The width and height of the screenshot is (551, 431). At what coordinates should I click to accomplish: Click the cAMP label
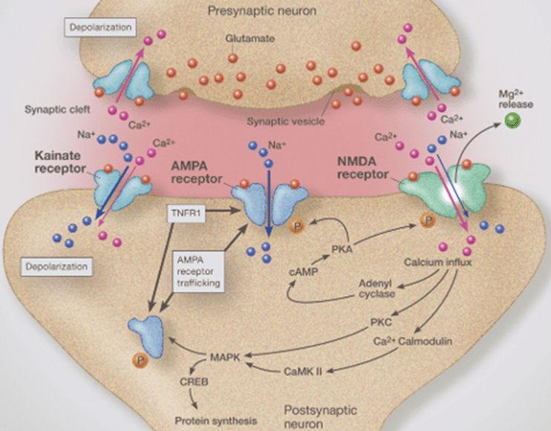[301, 273]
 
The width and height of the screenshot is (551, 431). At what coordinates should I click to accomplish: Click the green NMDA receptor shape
[444, 186]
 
